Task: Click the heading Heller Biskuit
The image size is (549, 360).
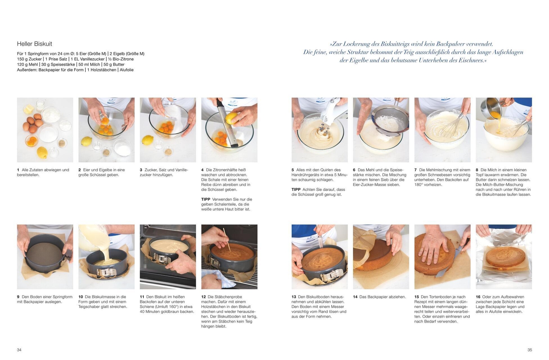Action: tap(34, 44)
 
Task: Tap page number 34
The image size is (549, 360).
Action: tap(19, 350)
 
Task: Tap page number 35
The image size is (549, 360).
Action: tap(529, 350)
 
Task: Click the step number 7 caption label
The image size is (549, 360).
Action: tap(416, 170)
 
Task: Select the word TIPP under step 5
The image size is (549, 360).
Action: tap(296, 189)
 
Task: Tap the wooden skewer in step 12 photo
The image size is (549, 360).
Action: tap(226, 239)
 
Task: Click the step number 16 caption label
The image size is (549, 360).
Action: tap(478, 297)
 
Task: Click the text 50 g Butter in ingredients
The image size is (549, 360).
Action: tap(114, 65)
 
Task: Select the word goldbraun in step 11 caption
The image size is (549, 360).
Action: tap(170, 312)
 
